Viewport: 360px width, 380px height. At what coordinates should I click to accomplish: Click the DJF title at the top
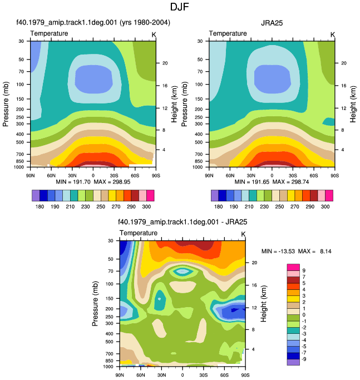(179, 7)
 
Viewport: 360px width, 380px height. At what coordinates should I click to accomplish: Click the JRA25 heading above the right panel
(272, 23)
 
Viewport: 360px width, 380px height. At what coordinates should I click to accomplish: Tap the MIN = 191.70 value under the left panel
(73, 182)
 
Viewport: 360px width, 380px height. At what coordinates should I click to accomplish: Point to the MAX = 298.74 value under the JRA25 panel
(290, 182)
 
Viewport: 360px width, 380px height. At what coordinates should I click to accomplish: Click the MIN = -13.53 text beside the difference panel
(278, 251)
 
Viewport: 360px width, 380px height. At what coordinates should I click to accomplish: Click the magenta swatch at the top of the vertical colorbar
(293, 267)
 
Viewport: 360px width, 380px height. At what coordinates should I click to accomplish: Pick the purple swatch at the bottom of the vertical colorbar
(293, 362)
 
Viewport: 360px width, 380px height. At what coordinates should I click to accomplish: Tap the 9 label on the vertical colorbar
(304, 270)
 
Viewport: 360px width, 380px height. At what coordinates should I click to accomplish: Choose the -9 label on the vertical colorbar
(303, 359)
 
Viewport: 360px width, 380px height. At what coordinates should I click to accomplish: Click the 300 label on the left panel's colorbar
(146, 207)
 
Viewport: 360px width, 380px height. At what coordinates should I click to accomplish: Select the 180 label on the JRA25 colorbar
(219, 207)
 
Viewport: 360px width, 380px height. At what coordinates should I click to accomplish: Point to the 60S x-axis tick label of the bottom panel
(224, 375)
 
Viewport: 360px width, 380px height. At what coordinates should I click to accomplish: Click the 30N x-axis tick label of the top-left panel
(72, 175)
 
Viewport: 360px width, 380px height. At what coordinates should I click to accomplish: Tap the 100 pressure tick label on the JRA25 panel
(199, 85)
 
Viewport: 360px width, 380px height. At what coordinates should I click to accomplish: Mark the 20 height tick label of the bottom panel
(254, 263)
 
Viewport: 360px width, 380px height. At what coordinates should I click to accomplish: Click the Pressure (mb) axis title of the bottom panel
(95, 304)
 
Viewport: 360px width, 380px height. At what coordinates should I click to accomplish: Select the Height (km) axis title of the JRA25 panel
(353, 104)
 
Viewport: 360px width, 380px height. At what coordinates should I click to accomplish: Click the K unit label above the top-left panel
(154, 35)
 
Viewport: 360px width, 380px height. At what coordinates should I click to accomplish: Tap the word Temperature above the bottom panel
(139, 233)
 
